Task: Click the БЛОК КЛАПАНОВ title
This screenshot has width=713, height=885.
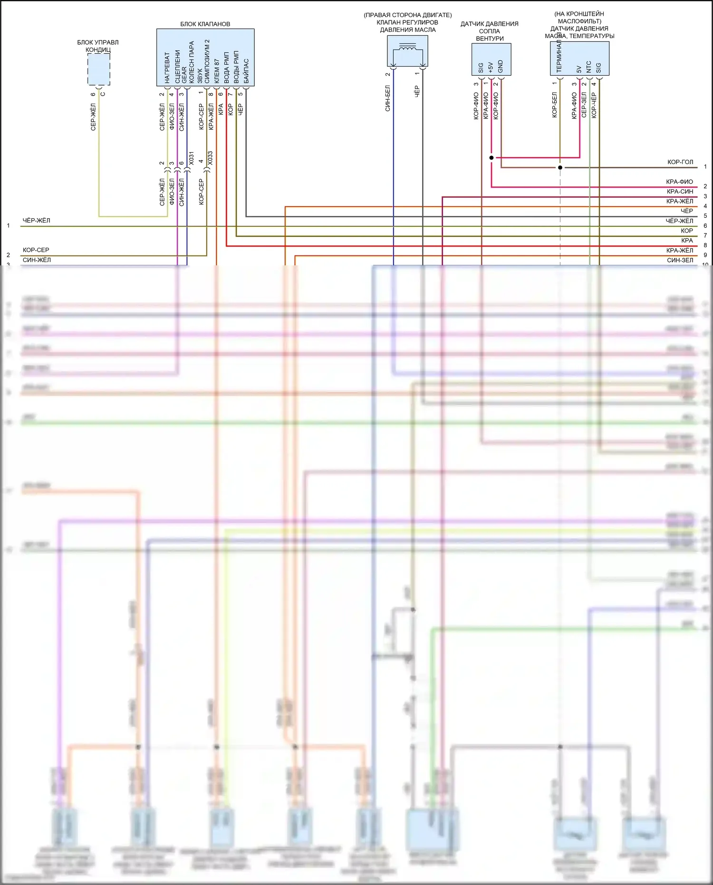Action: point(205,24)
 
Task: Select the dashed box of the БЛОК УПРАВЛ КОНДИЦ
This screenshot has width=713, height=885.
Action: point(99,69)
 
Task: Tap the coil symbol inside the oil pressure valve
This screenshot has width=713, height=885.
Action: point(408,48)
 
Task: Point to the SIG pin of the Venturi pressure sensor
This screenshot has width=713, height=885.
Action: point(481,68)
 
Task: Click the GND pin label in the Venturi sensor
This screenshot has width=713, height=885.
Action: point(501,66)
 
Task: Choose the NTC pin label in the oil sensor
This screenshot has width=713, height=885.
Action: point(589,67)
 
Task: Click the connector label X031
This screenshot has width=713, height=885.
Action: point(191,158)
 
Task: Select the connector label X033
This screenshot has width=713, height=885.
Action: point(210,158)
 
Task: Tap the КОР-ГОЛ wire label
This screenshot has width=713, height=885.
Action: point(680,162)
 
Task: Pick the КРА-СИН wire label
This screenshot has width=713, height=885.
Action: point(680,192)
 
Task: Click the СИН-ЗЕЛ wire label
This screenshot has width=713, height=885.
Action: point(680,260)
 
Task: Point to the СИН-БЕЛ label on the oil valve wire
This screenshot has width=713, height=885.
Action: point(387,98)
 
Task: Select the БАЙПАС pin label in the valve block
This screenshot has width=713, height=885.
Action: point(246,71)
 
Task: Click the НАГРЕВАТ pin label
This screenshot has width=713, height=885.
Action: point(167,68)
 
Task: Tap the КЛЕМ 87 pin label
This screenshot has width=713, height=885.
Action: point(217,71)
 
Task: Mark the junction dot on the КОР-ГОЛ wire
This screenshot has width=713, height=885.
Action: point(560,167)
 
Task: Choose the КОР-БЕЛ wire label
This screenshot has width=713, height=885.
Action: point(554,105)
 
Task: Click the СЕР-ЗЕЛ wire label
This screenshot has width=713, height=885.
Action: point(584,105)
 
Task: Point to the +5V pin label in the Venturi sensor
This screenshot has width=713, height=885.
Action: point(491,67)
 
